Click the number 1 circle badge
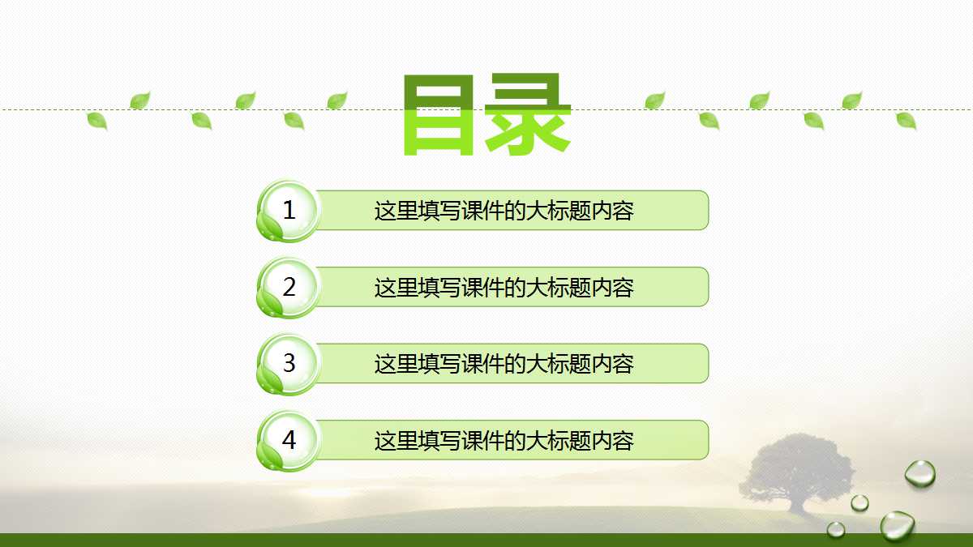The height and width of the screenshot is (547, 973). point(289,211)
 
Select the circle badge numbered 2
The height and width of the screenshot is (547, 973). point(289,287)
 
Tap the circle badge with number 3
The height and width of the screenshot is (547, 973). point(289,363)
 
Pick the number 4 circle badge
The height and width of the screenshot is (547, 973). point(289,440)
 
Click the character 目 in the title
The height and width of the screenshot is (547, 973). point(439,115)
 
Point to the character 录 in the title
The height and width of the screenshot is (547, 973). point(528,115)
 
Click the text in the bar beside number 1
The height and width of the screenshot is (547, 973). point(504,211)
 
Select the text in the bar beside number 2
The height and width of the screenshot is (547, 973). point(504,288)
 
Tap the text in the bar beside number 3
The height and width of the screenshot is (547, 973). point(504,364)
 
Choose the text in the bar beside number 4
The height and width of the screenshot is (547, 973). point(504,441)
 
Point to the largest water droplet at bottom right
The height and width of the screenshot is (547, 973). point(898,525)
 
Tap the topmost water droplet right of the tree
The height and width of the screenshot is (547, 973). point(919,473)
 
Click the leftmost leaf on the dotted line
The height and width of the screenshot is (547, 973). point(97,122)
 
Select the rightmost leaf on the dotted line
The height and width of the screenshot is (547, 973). point(906,121)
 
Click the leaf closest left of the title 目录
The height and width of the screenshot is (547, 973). point(337,100)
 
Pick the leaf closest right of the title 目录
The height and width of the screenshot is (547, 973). point(654,100)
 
